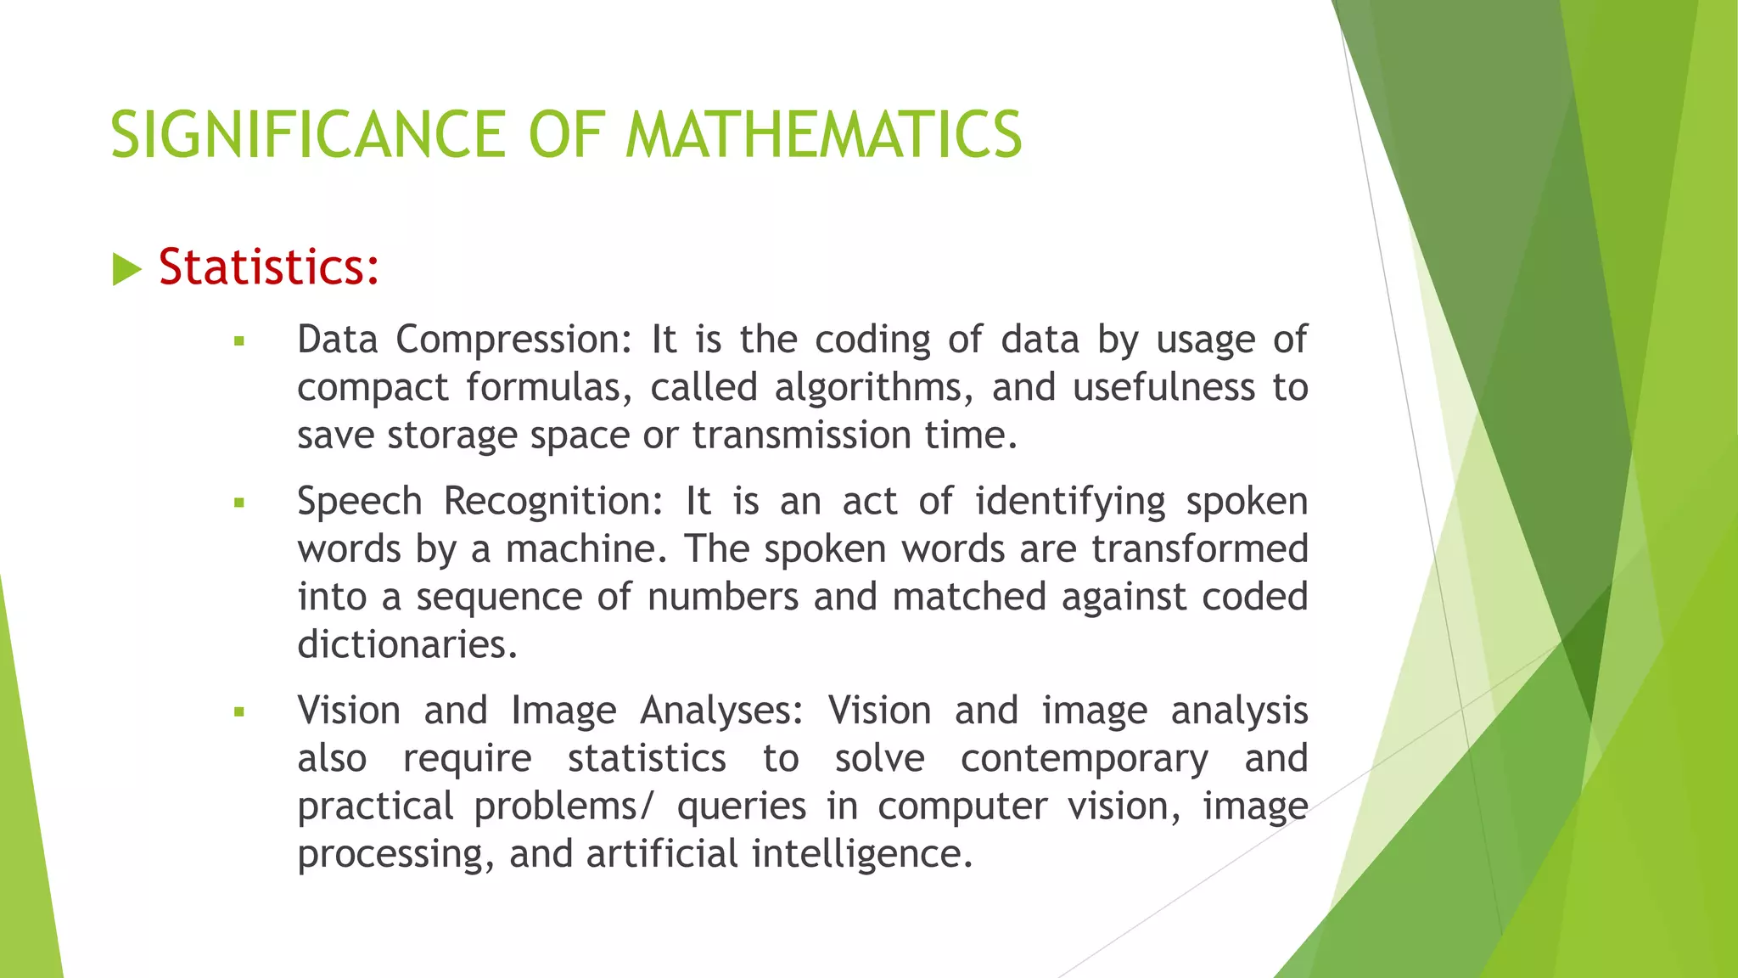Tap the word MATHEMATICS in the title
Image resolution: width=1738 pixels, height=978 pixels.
(823, 136)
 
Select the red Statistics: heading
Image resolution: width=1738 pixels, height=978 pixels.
(268, 267)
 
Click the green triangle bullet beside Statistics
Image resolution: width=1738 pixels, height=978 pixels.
(126, 270)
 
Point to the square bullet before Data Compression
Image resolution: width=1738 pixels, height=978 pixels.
(239, 342)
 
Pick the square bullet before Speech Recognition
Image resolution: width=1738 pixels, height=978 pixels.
(239, 503)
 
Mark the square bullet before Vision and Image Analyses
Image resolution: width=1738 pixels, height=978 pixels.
(239, 712)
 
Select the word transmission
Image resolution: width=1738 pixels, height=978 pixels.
(801, 436)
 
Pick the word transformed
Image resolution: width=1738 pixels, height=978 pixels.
(1199, 549)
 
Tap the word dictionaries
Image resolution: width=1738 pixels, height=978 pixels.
(406, 645)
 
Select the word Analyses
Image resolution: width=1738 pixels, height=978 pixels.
(721, 711)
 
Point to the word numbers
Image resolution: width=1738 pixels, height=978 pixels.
(722, 597)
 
